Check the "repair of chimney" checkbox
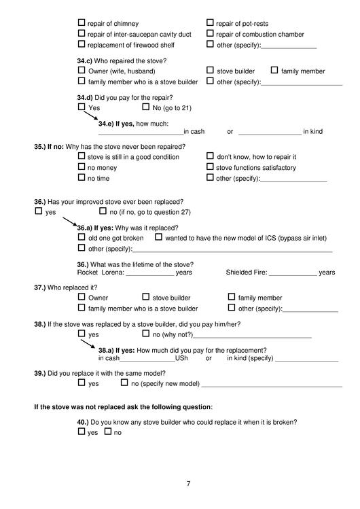(x=82, y=23)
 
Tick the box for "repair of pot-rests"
(x=210, y=23)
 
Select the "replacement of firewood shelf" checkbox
(x=82, y=45)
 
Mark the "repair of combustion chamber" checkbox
(x=210, y=34)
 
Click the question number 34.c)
(x=86, y=60)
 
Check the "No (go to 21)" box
(x=146, y=107)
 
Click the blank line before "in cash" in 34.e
(x=141, y=131)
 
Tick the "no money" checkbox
(x=82, y=167)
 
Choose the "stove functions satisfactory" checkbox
(x=210, y=167)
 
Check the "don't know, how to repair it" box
(x=210, y=156)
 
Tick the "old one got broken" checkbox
(x=82, y=238)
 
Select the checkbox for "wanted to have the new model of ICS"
(x=159, y=238)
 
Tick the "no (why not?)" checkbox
(x=146, y=334)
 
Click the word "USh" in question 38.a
(x=181, y=358)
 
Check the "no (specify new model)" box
(x=124, y=383)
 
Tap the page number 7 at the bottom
(x=188, y=483)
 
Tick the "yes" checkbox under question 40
(x=82, y=432)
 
